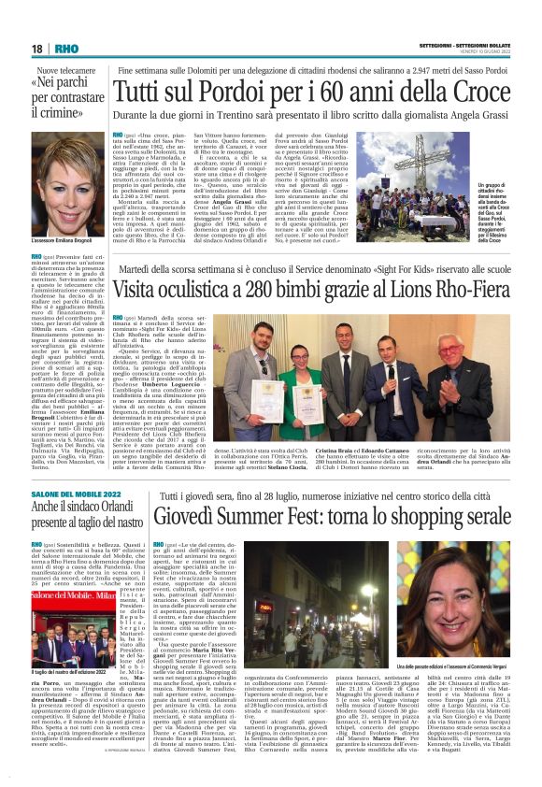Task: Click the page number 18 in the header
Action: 37,49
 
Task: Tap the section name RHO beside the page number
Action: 67,49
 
